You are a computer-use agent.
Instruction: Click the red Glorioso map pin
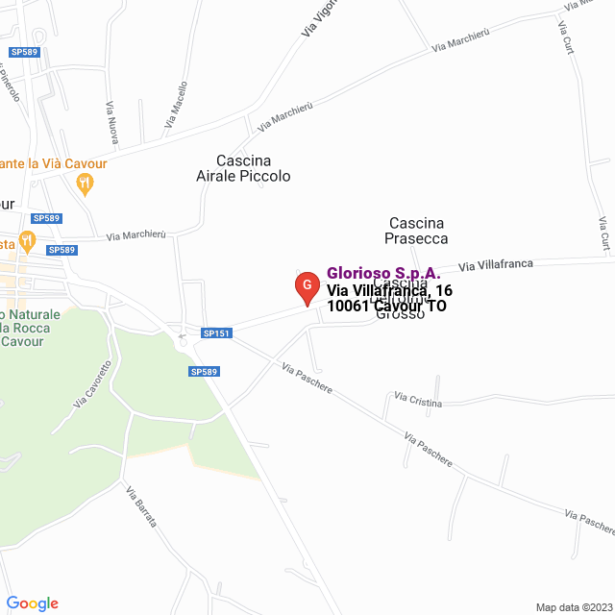[x=306, y=286]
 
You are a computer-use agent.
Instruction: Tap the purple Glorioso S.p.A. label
[x=383, y=273]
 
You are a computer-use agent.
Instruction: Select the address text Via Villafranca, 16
[x=389, y=290]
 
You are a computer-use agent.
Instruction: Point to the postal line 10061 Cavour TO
[x=386, y=307]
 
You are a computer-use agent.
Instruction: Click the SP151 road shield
[x=216, y=333]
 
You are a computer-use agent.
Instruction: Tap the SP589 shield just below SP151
[x=204, y=371]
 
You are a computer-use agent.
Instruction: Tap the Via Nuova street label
[x=111, y=123]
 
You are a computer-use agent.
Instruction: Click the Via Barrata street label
[x=140, y=506]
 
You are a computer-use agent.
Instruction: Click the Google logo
[x=32, y=603]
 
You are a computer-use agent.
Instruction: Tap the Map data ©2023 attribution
[x=573, y=607]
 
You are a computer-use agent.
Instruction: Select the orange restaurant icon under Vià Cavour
[x=85, y=183]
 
